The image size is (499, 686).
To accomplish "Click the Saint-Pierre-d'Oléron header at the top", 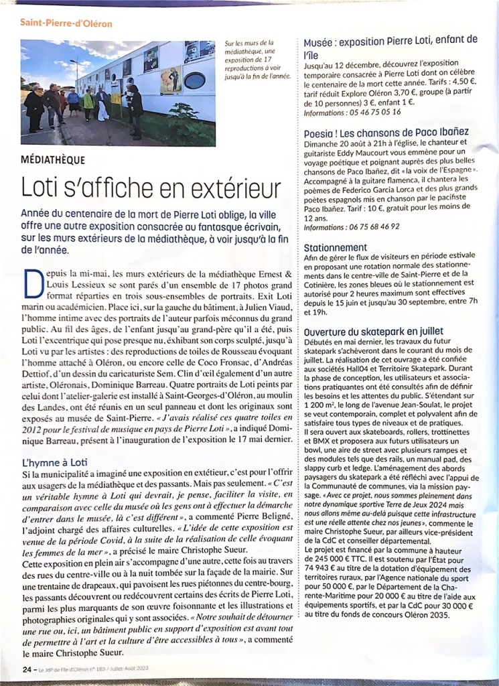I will [x=66, y=23].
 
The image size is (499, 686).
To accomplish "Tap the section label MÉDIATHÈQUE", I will [x=53, y=160].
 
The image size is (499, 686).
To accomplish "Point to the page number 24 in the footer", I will [x=27, y=668].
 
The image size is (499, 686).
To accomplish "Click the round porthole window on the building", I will [x=194, y=80].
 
